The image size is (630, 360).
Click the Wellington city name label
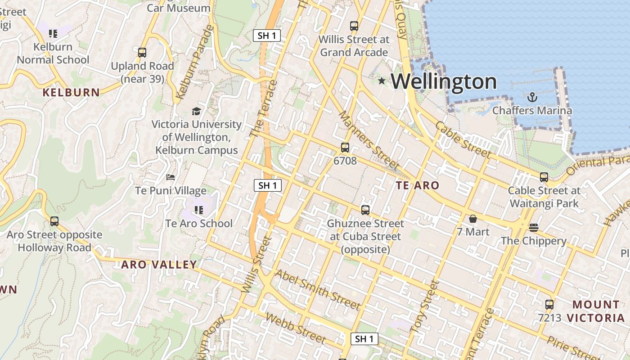(443, 81)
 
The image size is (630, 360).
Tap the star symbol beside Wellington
(382, 81)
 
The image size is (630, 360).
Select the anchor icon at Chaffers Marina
(532, 97)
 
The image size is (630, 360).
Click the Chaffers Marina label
(532, 111)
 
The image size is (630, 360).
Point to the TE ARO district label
(417, 185)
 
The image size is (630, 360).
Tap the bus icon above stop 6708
(345, 147)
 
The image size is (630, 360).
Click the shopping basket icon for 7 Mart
(472, 219)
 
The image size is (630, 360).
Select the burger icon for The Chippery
(534, 228)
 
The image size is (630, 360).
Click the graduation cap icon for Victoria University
(196, 111)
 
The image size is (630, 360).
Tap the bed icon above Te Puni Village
(171, 177)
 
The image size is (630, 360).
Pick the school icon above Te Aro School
(199, 210)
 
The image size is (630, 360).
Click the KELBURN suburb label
(71, 93)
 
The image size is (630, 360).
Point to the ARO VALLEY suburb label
(159, 265)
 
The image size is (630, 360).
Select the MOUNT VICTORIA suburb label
(595, 311)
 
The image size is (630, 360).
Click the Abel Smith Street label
(318, 290)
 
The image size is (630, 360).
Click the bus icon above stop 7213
(549, 304)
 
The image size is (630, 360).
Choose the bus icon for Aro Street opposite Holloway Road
(54, 221)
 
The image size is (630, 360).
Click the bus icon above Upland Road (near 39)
(142, 52)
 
